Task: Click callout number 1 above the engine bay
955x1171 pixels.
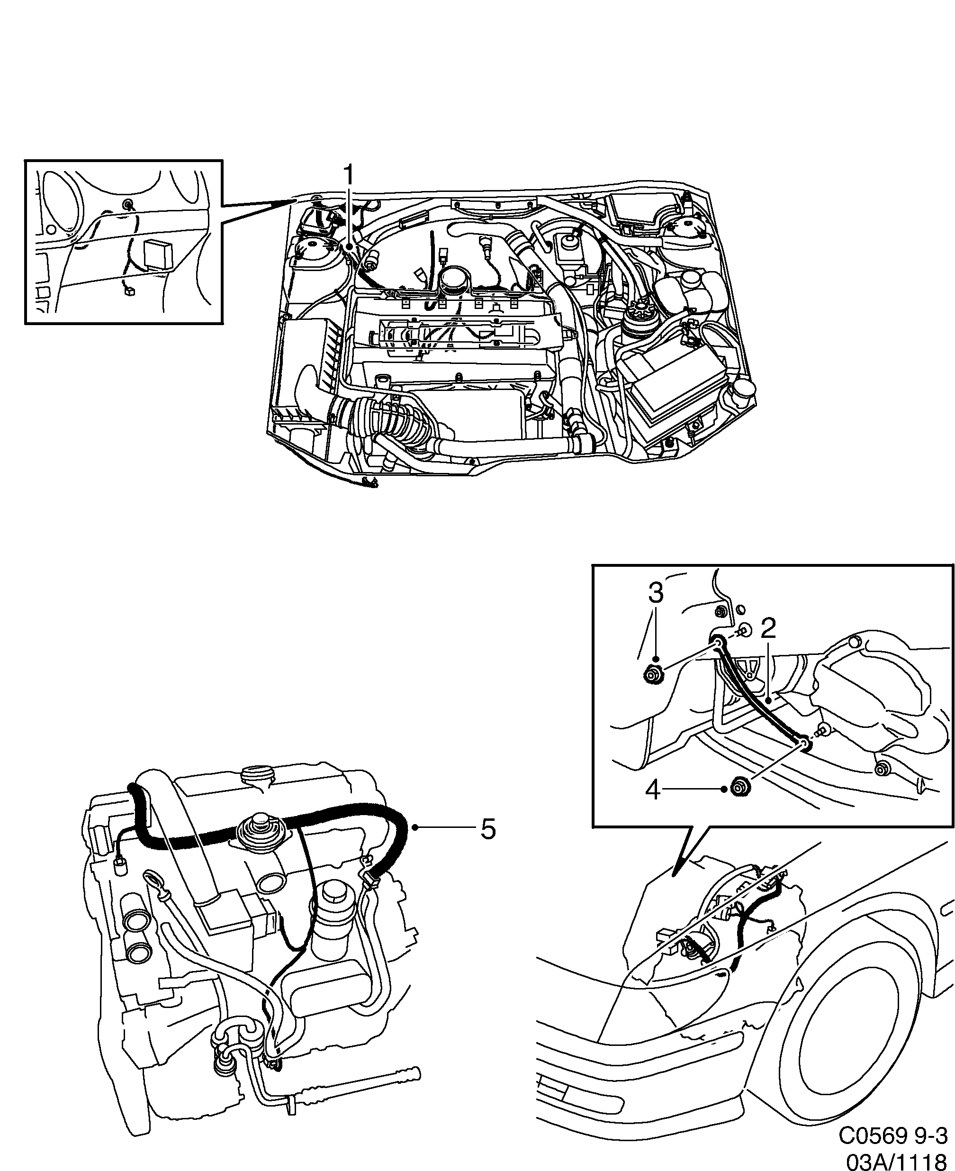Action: click(349, 178)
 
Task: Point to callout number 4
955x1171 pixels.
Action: click(652, 792)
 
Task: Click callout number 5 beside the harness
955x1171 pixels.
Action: click(488, 829)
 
